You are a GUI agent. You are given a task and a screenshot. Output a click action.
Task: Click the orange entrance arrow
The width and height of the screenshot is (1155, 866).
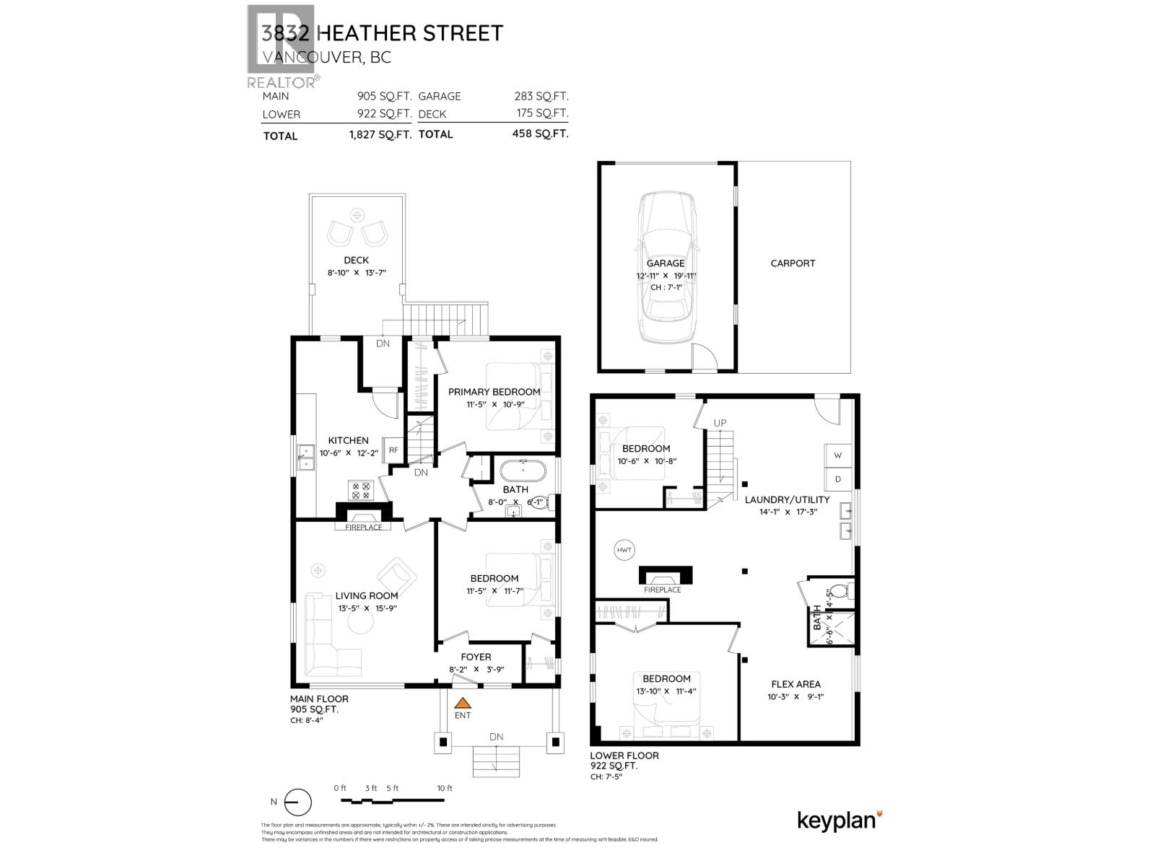click(x=463, y=702)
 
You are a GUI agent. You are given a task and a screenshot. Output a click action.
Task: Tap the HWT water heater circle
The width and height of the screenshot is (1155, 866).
click(x=624, y=551)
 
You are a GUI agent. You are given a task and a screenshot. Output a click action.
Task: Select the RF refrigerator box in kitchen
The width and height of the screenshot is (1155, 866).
click(x=393, y=450)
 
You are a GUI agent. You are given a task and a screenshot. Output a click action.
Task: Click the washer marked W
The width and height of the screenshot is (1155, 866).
click(x=837, y=455)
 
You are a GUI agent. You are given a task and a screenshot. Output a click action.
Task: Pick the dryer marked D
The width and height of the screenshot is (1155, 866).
click(x=837, y=479)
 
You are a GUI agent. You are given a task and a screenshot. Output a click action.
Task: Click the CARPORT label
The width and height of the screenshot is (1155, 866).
click(x=793, y=263)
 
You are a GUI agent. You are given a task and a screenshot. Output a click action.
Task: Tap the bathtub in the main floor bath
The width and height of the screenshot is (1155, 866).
click(x=523, y=471)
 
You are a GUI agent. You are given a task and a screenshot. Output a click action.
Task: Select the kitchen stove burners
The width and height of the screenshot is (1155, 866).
click(x=360, y=491)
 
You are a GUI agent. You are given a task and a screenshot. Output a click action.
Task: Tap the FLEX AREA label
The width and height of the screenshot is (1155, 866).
click(x=796, y=684)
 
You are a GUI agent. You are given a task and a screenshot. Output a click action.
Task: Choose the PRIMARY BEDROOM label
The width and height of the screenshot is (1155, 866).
click(x=494, y=392)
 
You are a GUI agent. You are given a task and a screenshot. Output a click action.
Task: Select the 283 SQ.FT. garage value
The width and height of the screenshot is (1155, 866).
click(x=533, y=96)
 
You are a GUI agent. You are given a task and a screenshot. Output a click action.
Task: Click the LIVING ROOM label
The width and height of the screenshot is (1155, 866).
click(x=366, y=596)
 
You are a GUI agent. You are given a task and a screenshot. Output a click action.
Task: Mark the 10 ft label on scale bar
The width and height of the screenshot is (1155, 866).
click(x=445, y=788)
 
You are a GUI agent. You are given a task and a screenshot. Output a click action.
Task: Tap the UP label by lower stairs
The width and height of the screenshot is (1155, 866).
click(x=720, y=423)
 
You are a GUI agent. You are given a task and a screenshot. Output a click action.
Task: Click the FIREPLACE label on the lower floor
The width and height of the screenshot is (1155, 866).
click(x=662, y=590)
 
